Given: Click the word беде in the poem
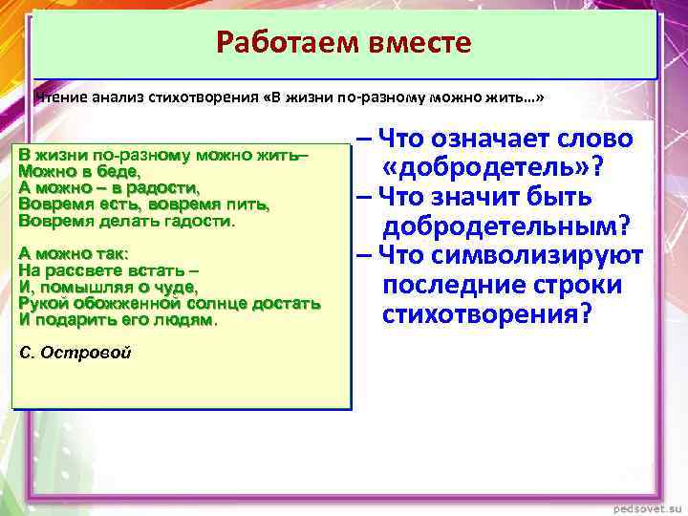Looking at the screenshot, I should click(x=123, y=171).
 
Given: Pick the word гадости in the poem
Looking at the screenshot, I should click(x=201, y=221).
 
